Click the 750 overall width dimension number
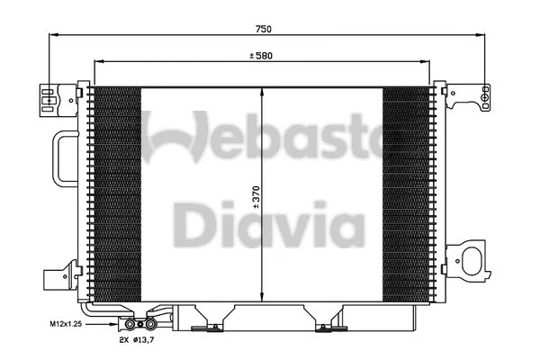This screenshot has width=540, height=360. click(x=262, y=30)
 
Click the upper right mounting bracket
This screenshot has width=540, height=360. click(x=470, y=92)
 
